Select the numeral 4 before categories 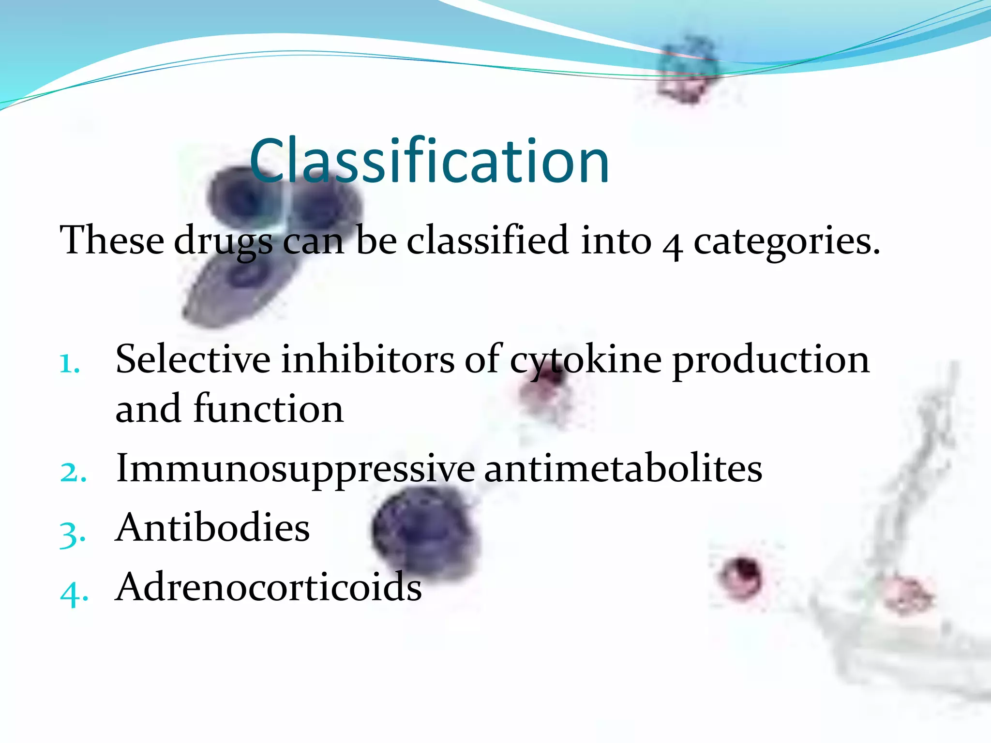pyautogui.click(x=673, y=244)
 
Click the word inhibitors pyautogui.click(x=368, y=360)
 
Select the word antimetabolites pyautogui.click(x=623, y=468)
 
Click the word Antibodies pyautogui.click(x=213, y=528)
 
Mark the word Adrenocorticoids pyautogui.click(x=269, y=587)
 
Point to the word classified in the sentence pyautogui.click(x=487, y=240)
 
